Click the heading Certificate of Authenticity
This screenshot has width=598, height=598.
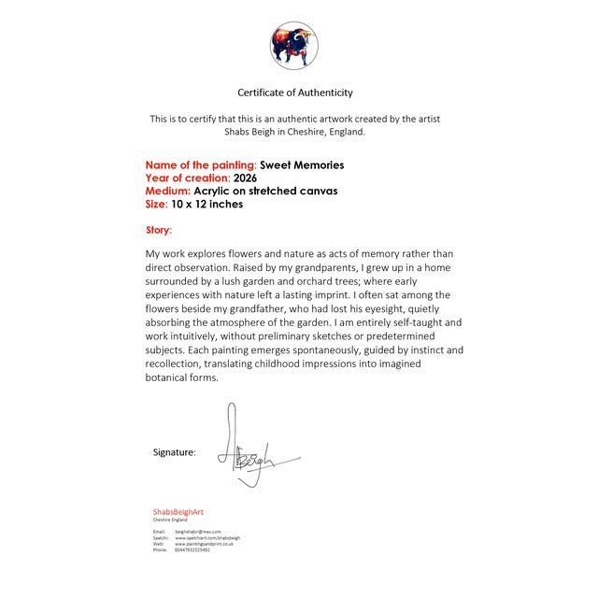tap(295, 93)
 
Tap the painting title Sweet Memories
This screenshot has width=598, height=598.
tap(302, 165)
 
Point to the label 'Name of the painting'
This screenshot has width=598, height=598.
tap(200, 165)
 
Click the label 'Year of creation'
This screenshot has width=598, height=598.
tap(188, 178)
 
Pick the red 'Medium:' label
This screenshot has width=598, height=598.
tap(168, 192)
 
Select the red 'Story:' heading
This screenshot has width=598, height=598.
tap(159, 230)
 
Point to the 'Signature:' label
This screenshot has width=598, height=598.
tap(175, 452)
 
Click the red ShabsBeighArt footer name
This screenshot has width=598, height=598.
tap(178, 512)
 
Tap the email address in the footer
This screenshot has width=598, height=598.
tap(198, 531)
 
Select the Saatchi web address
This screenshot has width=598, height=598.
tap(208, 537)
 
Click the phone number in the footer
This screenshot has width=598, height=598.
tap(193, 550)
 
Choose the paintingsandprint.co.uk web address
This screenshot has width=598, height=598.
tap(205, 544)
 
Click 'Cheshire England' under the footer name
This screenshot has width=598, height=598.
tap(170, 520)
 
